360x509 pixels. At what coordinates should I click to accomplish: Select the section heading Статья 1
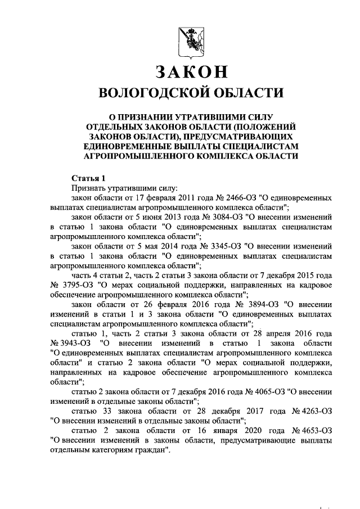88,178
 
